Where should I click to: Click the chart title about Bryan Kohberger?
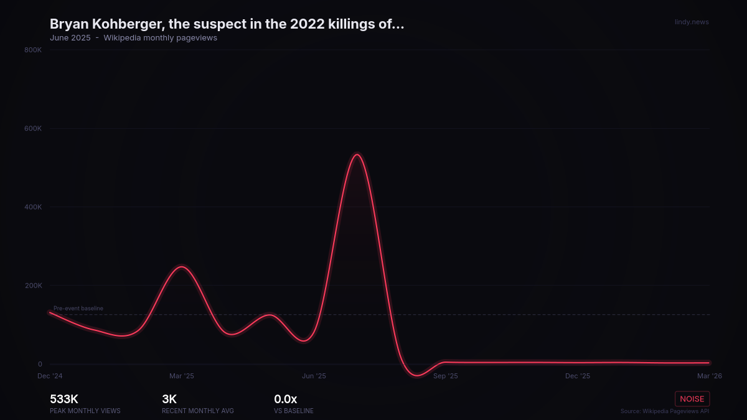click(227, 24)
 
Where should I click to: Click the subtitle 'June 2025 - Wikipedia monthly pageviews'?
click(133, 38)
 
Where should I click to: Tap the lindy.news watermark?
click(692, 22)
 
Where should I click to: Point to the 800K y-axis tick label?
click(33, 50)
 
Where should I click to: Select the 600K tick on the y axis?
click(33, 129)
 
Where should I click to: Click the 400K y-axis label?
click(33, 207)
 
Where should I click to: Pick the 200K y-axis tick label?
click(33, 286)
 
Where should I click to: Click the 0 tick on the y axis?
click(39, 365)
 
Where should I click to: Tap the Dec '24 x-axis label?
click(50, 376)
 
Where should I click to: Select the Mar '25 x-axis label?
click(182, 376)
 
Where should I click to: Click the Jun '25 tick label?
click(314, 376)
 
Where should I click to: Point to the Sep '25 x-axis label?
click(446, 376)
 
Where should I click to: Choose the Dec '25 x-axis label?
click(578, 376)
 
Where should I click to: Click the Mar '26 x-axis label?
click(710, 376)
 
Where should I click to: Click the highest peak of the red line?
click(357, 154)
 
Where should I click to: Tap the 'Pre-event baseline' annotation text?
click(78, 308)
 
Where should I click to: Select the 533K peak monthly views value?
click(64, 399)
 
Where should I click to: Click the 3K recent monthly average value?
click(169, 399)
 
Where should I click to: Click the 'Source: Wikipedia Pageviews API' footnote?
click(664, 411)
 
